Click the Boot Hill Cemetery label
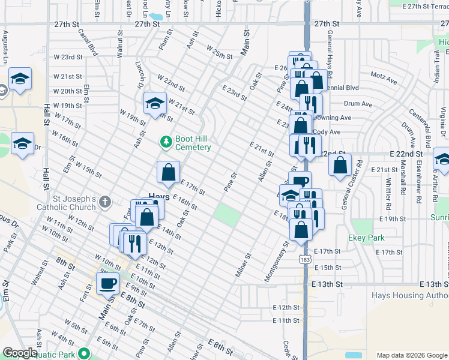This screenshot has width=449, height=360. click(193, 143)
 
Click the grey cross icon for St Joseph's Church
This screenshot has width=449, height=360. click(106, 202)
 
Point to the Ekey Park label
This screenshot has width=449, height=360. click(366, 238)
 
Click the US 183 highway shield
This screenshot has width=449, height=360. click(306, 259)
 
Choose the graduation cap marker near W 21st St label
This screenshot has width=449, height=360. click(20, 79)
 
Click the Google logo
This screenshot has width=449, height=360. click(20, 353)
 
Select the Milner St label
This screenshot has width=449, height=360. click(243, 265)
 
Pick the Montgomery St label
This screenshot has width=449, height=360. click(277, 261)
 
